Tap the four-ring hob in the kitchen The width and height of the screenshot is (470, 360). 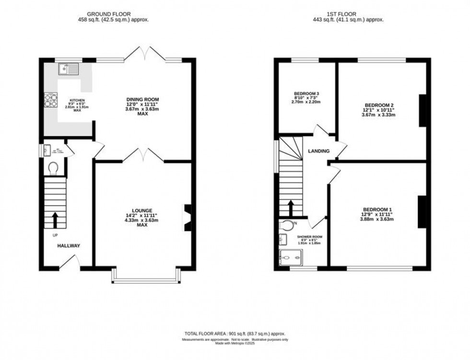pyautogui.click(x=51, y=99)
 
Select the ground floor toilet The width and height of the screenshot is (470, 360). pyautogui.click(x=53, y=168)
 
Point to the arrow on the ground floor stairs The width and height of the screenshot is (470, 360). pyautogui.click(x=54, y=219)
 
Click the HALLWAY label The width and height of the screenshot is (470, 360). pyautogui.click(x=69, y=246)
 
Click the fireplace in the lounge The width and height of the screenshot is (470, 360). pyautogui.click(x=188, y=218)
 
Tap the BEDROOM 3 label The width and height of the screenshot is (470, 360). pyautogui.click(x=307, y=93)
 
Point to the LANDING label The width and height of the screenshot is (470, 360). pyautogui.click(x=319, y=151)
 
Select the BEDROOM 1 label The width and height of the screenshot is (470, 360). pyautogui.click(x=377, y=209)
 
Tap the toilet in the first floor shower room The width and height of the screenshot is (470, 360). pyautogui.click(x=287, y=224)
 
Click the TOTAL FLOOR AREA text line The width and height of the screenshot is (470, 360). pyautogui.click(x=235, y=333)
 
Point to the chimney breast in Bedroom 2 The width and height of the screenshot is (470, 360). pyautogui.click(x=423, y=110)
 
